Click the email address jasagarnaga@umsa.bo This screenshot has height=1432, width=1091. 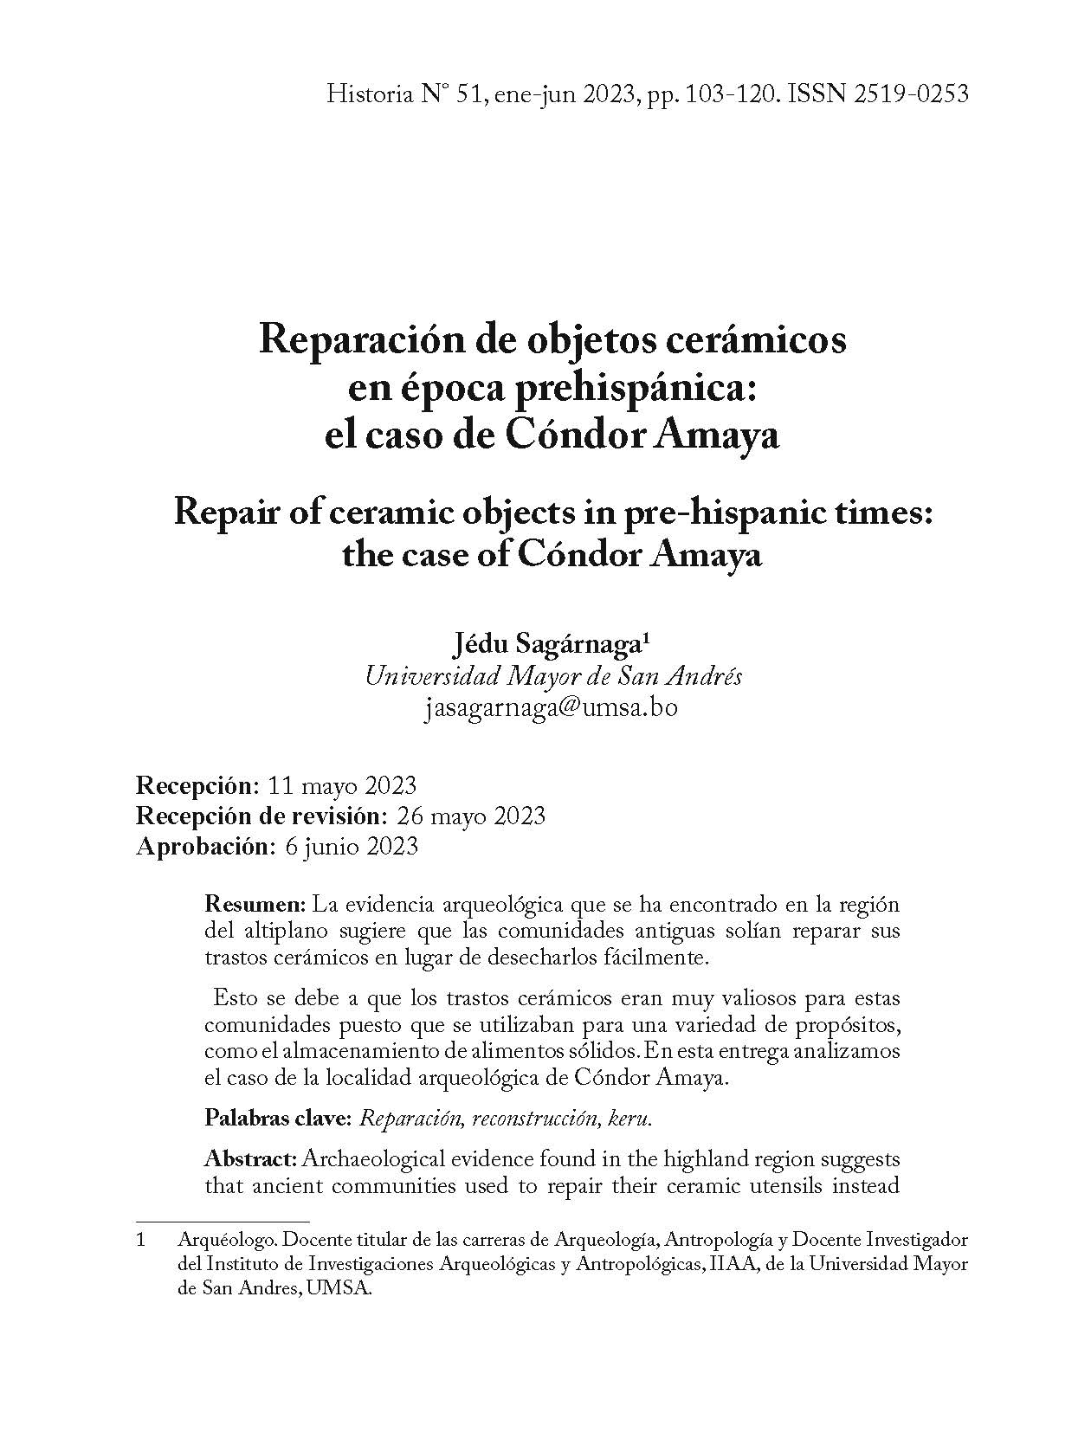click(x=552, y=707)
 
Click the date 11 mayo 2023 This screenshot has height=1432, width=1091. click(x=344, y=786)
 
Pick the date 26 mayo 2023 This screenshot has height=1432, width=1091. click(x=470, y=816)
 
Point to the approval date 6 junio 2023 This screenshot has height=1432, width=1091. click(x=352, y=846)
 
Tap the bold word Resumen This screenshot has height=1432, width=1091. click(x=255, y=906)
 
